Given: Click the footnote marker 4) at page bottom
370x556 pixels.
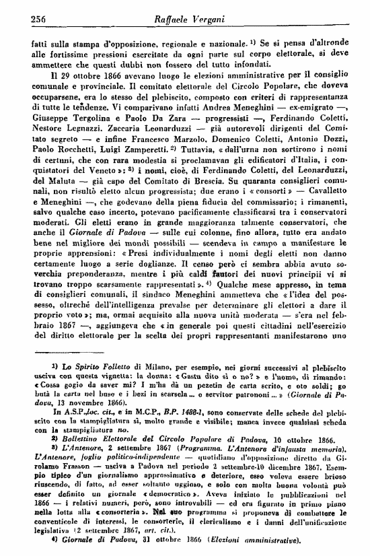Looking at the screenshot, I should tap(34, 541).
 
